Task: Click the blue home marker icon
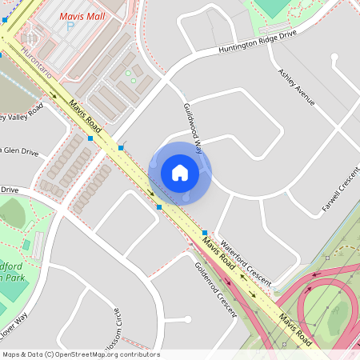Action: [x=180, y=172]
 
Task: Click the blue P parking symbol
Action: [x=70, y=26]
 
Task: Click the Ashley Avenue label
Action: [x=296, y=86]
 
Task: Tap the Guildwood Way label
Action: [x=193, y=124]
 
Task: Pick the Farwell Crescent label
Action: [x=342, y=190]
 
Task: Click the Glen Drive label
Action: [x=19, y=151]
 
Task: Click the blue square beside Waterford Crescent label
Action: [x=205, y=231]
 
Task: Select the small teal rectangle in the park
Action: [x=26, y=245]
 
